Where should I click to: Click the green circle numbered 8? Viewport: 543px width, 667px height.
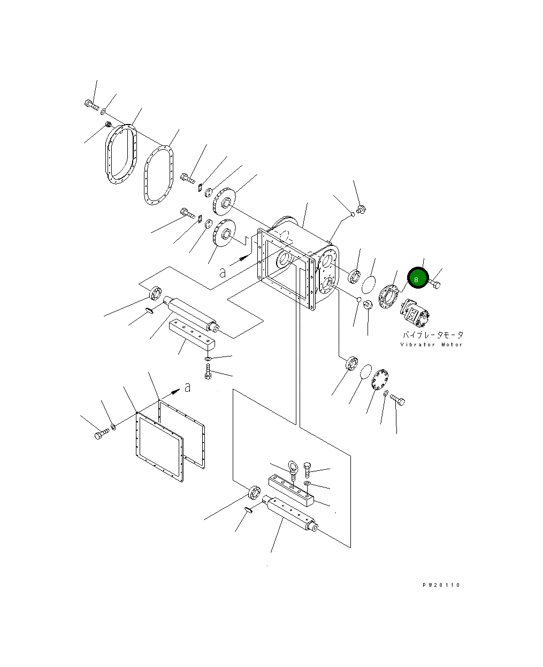(417, 278)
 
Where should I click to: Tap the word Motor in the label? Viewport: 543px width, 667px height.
(452, 345)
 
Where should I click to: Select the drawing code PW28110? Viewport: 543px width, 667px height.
(441, 585)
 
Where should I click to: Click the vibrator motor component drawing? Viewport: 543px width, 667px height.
(414, 313)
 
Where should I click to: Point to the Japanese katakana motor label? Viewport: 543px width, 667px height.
(433, 335)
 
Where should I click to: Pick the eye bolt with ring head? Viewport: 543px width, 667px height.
(293, 470)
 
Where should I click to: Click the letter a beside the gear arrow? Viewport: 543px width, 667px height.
(223, 273)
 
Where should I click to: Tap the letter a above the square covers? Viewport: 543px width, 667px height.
(187, 387)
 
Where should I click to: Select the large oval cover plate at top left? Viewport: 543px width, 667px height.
(121, 154)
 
